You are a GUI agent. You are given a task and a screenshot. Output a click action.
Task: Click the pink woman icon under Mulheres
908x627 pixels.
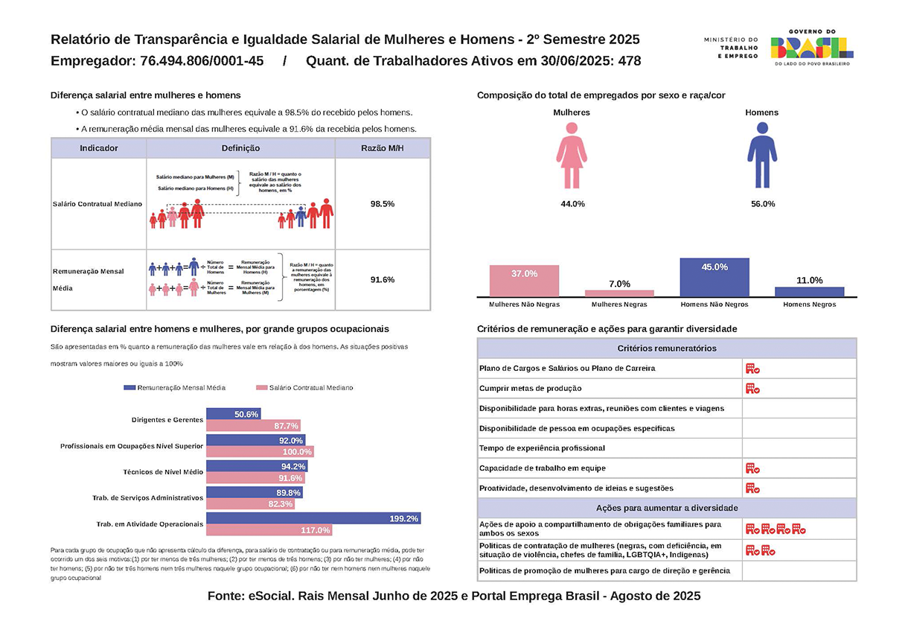point(572,155)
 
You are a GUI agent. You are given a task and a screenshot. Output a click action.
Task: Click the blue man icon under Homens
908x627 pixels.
point(761,155)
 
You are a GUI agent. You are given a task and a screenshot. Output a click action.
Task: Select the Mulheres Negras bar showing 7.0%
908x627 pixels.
point(619,293)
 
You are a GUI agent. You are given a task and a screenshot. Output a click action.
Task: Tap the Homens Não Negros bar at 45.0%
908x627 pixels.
point(714,277)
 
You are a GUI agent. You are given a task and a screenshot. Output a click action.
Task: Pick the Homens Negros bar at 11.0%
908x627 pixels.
point(809,291)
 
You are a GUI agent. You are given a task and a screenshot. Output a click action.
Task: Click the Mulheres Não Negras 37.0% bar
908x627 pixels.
point(524,280)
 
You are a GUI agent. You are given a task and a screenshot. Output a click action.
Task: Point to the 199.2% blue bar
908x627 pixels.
point(313,518)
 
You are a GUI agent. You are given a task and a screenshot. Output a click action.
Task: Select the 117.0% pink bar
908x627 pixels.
point(269,530)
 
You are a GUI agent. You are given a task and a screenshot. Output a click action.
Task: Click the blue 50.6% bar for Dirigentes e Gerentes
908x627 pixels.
point(233,414)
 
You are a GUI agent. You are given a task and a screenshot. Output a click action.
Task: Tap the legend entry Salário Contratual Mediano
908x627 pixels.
point(304,388)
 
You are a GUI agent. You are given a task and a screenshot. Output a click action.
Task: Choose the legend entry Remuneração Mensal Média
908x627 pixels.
point(174,388)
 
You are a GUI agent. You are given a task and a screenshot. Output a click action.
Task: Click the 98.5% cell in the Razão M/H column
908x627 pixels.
point(382,203)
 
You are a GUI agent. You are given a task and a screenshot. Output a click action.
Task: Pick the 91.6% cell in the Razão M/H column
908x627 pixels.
point(382,280)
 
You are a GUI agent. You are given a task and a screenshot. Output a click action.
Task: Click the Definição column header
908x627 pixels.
point(240,148)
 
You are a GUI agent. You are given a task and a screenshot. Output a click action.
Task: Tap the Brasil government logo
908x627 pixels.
point(812,47)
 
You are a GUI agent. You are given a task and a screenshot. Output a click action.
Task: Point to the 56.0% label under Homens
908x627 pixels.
point(761,204)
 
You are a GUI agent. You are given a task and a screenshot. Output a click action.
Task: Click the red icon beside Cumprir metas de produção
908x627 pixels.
point(752,388)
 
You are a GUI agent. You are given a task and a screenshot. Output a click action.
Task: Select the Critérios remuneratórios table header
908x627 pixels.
point(666,348)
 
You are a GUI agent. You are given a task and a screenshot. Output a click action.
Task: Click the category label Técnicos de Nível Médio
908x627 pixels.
point(163,472)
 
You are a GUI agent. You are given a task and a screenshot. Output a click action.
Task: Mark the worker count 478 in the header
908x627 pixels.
point(629,61)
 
